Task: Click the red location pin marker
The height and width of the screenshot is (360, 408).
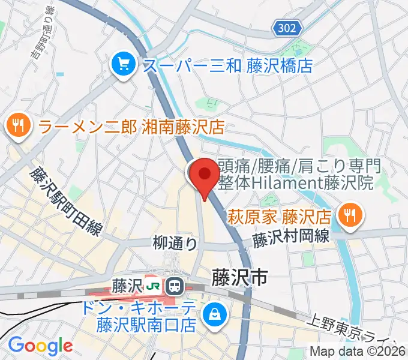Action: pos(205,175)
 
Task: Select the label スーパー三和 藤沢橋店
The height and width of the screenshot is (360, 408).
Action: pos(227,64)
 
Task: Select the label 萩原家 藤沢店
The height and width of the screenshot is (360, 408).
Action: pos(279,215)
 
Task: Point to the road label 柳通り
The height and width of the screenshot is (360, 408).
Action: pos(175,242)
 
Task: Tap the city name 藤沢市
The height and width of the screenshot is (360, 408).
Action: pos(238,277)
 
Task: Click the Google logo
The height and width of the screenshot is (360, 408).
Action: pos(40,346)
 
